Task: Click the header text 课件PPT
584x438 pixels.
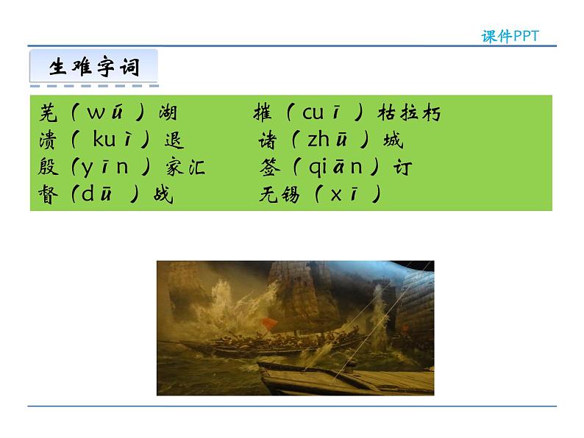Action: pyautogui.click(x=510, y=36)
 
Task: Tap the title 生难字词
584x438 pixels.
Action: pyautogui.click(x=93, y=67)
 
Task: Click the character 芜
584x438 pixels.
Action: pyautogui.click(x=48, y=113)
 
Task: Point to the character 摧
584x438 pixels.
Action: pyautogui.click(x=263, y=113)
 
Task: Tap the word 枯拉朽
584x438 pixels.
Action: pyautogui.click(x=409, y=113)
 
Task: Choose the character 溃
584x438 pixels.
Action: pyautogui.click(x=48, y=140)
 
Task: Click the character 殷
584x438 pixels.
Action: pyautogui.click(x=48, y=168)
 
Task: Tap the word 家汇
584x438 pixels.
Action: pyautogui.click(x=185, y=168)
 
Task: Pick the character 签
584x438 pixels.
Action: pyautogui.click(x=270, y=168)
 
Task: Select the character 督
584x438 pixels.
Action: pyautogui.click(x=48, y=195)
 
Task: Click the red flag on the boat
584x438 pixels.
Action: pyautogui.click(x=268, y=324)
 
